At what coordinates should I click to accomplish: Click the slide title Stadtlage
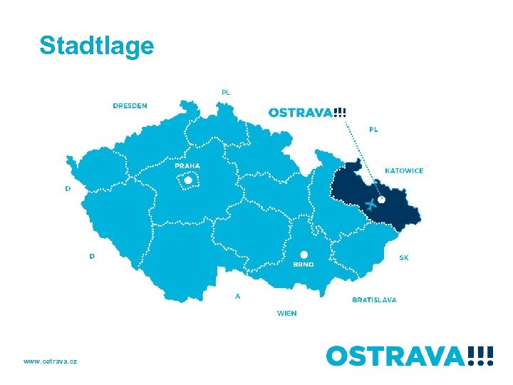tap(97, 46)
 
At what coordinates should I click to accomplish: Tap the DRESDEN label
tap(130, 106)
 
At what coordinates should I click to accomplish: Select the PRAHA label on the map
tap(187, 165)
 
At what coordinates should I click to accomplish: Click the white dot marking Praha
tap(188, 180)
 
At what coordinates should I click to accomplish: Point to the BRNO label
tap(304, 265)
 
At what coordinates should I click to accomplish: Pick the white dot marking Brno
tap(304, 254)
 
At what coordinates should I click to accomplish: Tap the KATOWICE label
tap(404, 171)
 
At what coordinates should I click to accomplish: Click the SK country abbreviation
tap(404, 257)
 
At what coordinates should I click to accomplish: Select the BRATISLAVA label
tap(374, 300)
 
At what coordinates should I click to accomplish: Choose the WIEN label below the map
tap(287, 313)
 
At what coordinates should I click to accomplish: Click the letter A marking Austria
tap(237, 296)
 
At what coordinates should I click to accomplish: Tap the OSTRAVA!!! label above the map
tap(308, 112)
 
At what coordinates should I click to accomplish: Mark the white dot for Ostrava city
tap(381, 200)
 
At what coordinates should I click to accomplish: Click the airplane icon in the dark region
tap(370, 205)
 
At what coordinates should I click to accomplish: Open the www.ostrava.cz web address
tap(51, 361)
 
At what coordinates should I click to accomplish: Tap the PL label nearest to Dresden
tap(226, 92)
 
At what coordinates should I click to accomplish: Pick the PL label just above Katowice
tap(373, 129)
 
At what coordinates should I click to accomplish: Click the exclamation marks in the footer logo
tap(482, 355)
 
